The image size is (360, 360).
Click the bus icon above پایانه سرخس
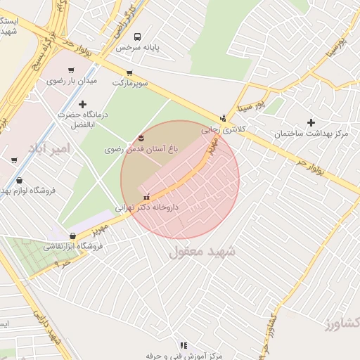137,37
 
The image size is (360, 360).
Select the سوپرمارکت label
130,83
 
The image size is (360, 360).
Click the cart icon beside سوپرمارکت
129,73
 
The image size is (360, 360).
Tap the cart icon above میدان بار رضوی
70,70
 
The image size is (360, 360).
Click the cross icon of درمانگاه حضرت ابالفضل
83,104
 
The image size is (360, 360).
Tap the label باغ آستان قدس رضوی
139,149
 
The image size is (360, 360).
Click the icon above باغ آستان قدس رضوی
139,137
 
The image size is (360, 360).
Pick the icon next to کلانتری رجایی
224,118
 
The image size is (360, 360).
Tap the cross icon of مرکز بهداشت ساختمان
311,122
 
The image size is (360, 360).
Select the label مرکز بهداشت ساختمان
312,134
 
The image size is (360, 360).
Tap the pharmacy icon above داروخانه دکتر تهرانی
147,197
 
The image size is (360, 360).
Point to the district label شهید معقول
202,251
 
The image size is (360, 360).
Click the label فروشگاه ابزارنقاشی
74,246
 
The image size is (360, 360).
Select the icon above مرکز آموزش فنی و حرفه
184,345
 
